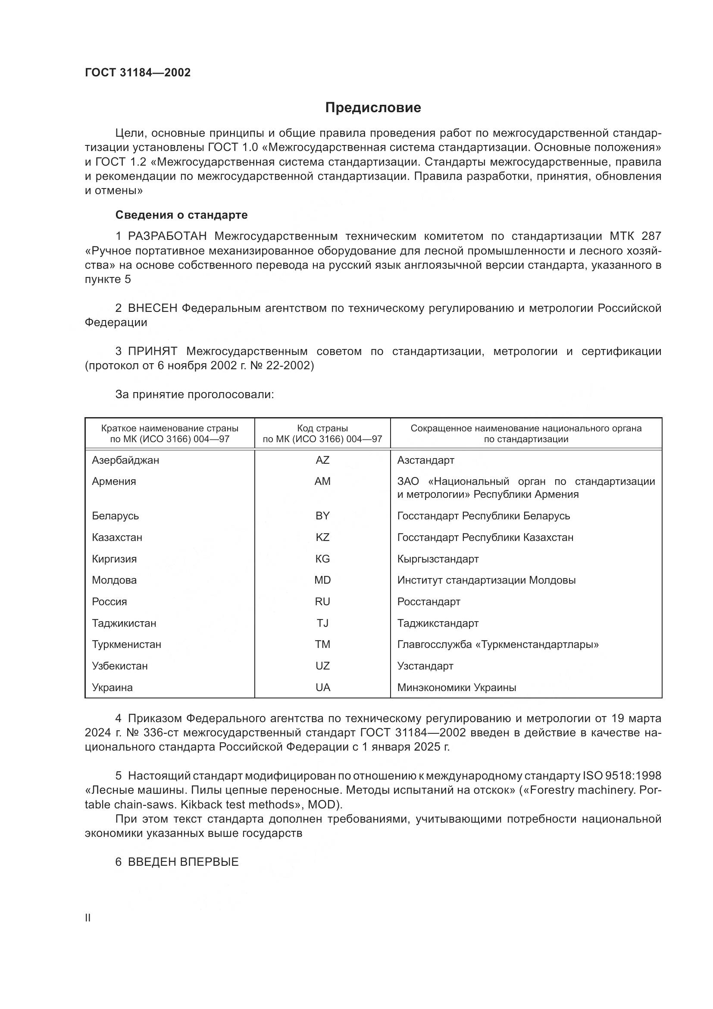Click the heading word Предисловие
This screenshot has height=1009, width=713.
coord(373,108)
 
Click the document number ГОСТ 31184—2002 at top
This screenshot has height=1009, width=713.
coord(138,72)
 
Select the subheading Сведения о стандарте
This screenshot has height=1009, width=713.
coord(181,215)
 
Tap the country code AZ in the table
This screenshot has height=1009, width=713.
coord(322,460)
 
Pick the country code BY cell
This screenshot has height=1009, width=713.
coord(322,516)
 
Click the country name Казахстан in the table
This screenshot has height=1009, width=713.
coord(117,537)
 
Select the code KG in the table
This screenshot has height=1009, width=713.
coord(322,559)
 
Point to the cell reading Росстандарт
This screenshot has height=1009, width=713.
coord(428,602)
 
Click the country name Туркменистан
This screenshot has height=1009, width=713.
coord(126,644)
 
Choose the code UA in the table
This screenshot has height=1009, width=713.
coord(322,687)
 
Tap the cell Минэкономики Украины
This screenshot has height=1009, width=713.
coord(457,687)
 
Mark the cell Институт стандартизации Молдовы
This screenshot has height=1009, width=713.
coord(486,580)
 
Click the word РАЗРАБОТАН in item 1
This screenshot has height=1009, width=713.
coord(167,236)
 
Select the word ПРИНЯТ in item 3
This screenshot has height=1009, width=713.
coord(152,351)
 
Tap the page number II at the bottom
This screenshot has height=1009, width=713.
coord(88,918)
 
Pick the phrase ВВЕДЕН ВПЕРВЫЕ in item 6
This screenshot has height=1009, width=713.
coord(183,862)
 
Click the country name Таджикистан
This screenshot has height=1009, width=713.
coord(124,623)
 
